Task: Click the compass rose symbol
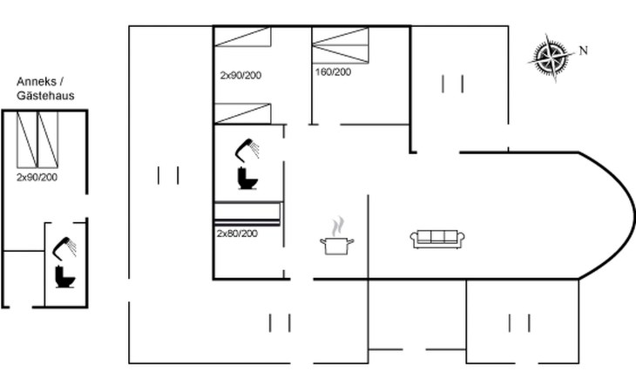click(x=551, y=58)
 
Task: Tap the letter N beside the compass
click(x=583, y=51)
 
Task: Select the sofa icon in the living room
click(x=437, y=239)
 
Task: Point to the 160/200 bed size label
click(x=333, y=72)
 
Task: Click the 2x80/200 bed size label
click(x=237, y=233)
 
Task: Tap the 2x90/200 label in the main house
click(x=240, y=76)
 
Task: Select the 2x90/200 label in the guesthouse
click(x=37, y=177)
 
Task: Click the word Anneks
click(x=37, y=82)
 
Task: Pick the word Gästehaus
click(x=45, y=96)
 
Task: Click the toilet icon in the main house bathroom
click(x=247, y=178)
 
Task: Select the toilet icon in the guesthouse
click(x=64, y=276)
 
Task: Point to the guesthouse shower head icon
click(x=64, y=248)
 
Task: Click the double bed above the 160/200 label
click(x=341, y=45)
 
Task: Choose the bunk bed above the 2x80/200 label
click(x=247, y=213)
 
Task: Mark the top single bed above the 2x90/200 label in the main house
click(x=242, y=37)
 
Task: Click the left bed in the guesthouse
click(x=27, y=140)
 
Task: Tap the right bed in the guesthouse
click(x=48, y=140)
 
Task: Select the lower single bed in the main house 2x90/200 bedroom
click(x=242, y=113)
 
